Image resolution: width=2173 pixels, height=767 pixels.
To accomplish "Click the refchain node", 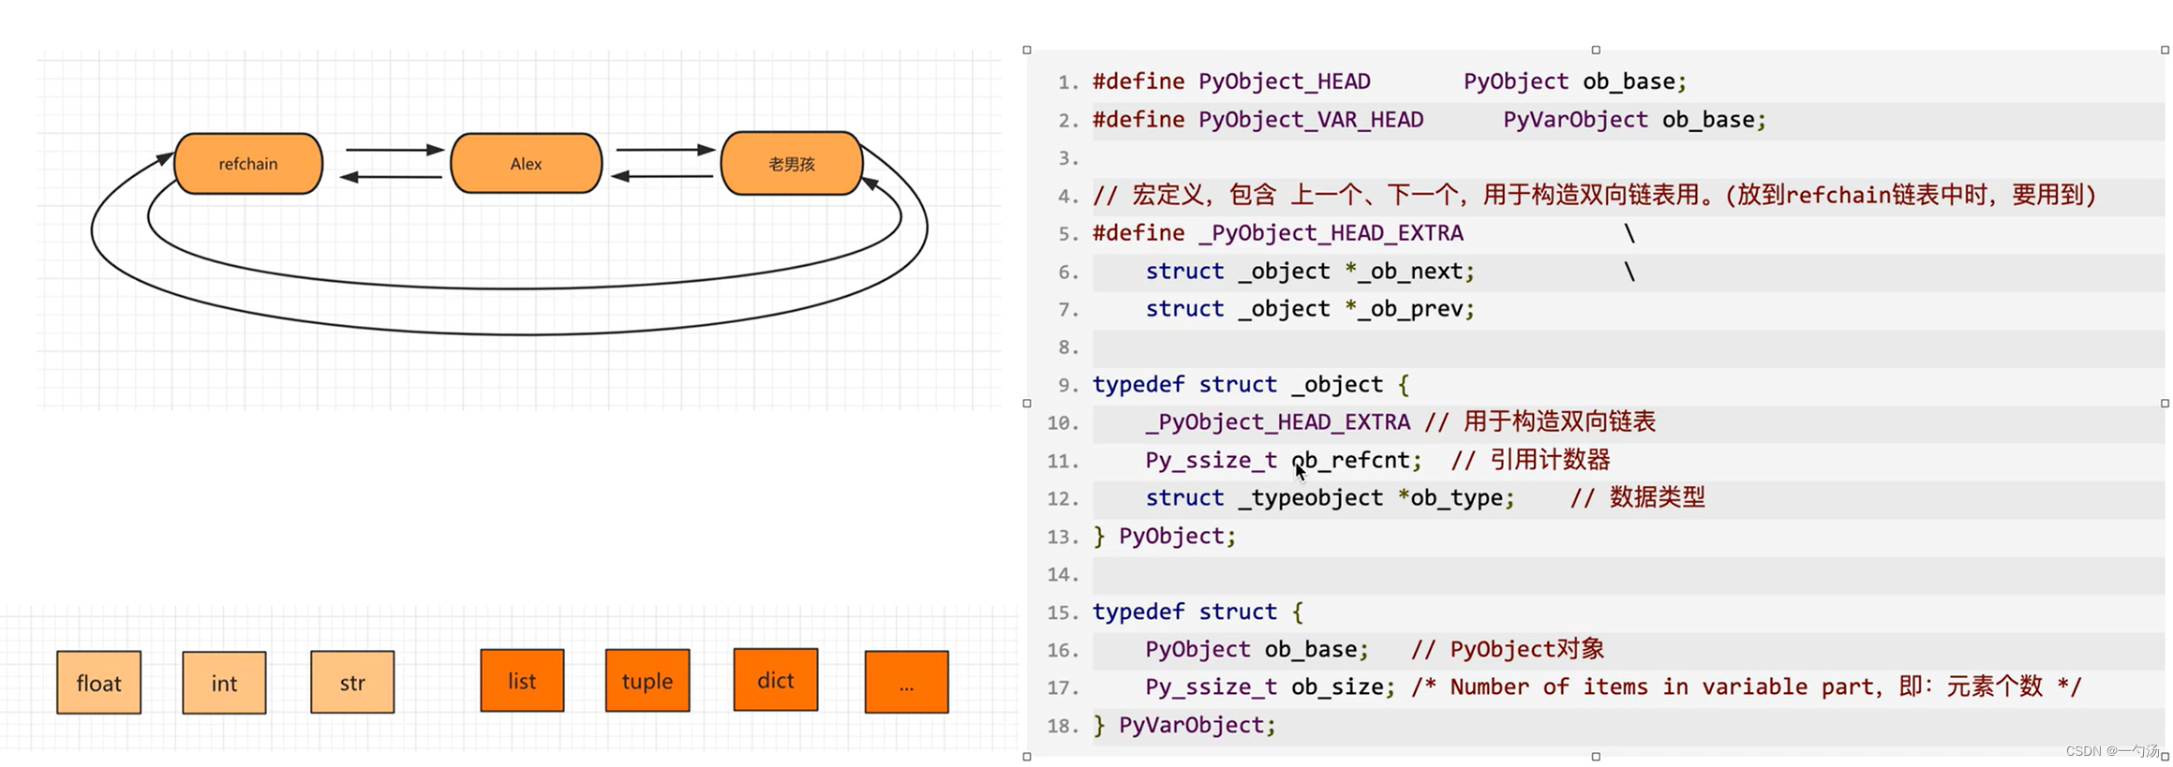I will point(248,164).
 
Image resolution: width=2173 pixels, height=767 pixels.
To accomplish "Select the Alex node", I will point(526,164).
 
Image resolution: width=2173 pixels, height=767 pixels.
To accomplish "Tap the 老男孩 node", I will point(791,164).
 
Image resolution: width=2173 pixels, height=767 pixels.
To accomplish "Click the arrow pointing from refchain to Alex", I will point(394,150).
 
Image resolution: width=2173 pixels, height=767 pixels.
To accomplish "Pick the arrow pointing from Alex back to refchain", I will point(391,177).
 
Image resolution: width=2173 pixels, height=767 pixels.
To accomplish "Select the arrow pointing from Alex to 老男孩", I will point(665,150).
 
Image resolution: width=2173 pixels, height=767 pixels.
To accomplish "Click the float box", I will point(98,683).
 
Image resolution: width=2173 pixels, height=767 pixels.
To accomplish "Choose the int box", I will point(224,683).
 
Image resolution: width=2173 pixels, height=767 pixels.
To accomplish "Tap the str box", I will point(352,683).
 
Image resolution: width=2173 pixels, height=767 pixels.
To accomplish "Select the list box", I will point(522,681).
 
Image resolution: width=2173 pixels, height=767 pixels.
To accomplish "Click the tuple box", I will point(647,681).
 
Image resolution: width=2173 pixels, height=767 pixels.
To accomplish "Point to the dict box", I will point(775,680).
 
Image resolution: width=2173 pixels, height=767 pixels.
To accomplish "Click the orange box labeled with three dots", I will point(906,683).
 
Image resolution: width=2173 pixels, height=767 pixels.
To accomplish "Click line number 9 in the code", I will point(1066,386).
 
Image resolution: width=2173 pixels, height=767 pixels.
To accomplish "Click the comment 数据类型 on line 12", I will point(1657,497).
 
